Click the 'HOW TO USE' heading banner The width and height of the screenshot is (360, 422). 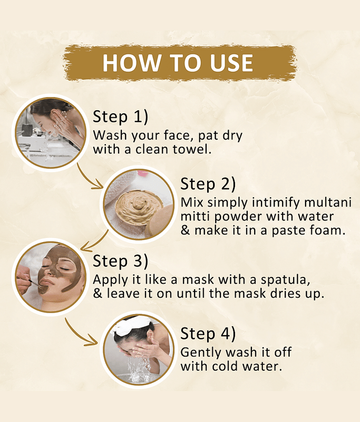point(180,63)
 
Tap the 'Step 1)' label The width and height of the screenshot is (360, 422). point(121,117)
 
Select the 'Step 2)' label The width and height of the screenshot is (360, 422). point(208,184)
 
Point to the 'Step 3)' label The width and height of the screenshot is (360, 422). point(121,261)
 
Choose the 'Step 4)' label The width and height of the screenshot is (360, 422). point(208,334)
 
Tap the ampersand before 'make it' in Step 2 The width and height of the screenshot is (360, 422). point(185,231)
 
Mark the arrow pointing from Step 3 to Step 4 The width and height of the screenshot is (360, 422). point(78,334)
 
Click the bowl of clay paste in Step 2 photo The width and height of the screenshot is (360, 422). point(139,206)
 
